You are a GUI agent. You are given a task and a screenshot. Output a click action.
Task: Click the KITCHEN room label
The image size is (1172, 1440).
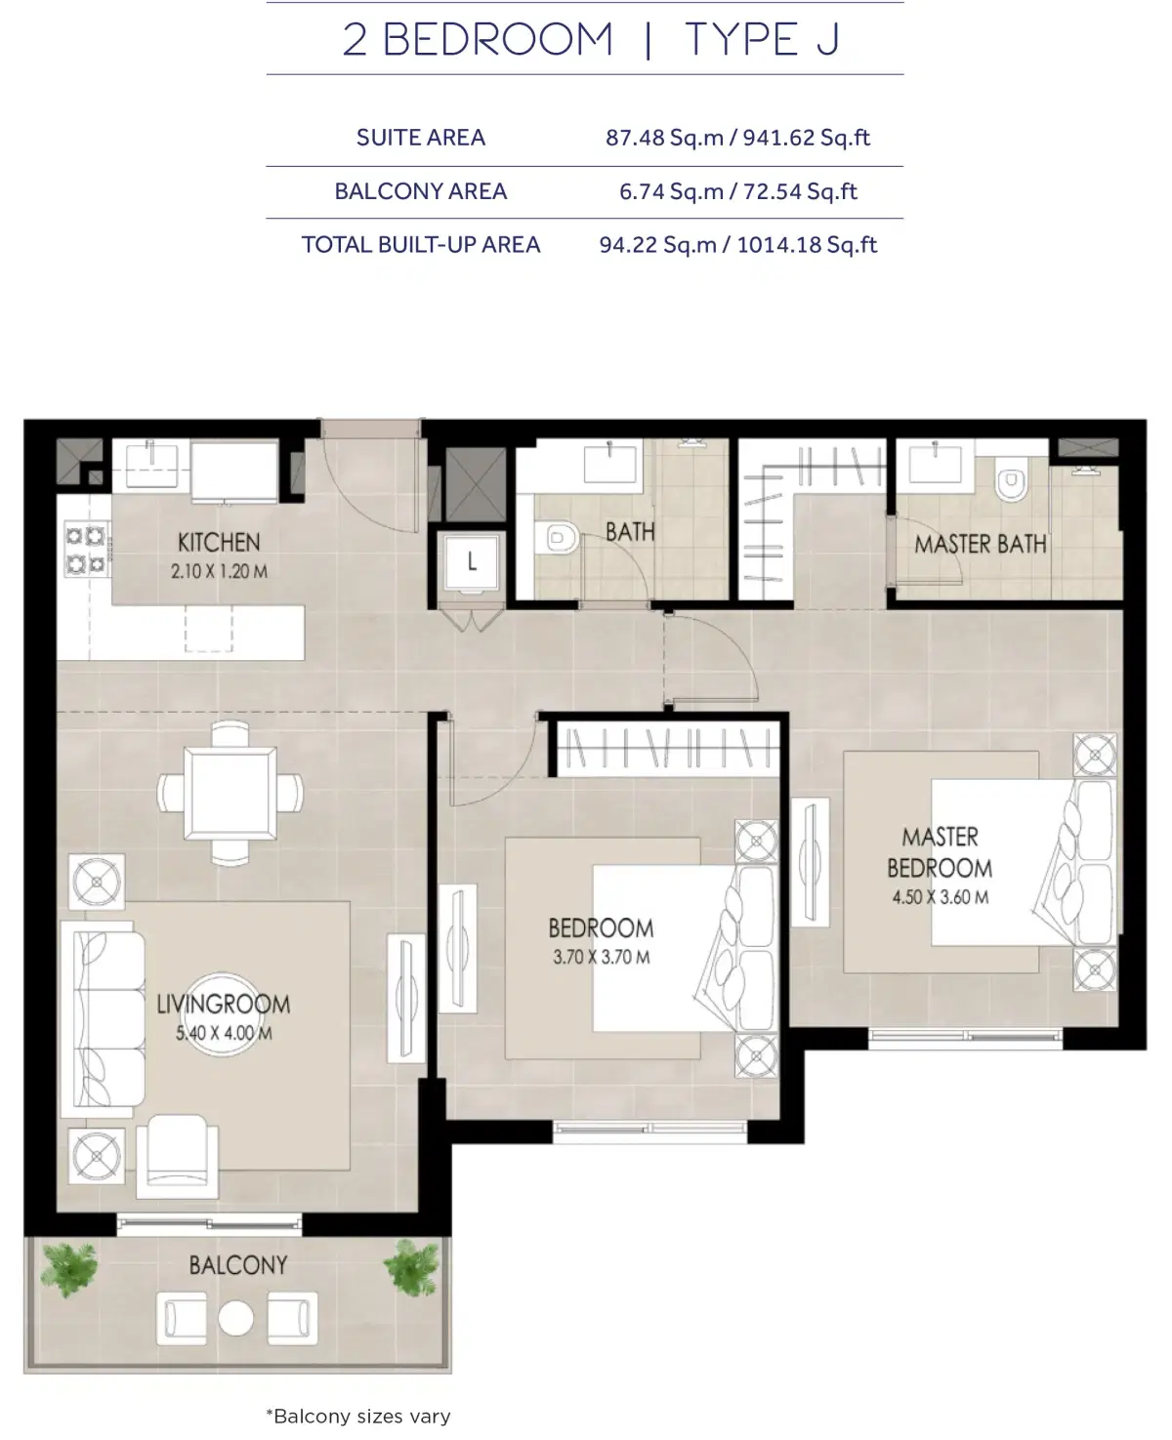[x=219, y=542]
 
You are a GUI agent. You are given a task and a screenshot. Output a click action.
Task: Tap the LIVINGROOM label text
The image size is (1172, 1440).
[x=224, y=1004]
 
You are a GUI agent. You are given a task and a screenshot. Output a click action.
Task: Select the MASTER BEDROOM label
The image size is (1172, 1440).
[x=940, y=852]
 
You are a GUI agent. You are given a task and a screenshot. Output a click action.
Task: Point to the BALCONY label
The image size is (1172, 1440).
[x=238, y=1265]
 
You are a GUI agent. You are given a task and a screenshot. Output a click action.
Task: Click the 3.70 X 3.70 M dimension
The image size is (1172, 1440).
[x=602, y=958]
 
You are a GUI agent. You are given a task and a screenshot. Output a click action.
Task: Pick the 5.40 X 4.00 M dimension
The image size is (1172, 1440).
[x=224, y=1033]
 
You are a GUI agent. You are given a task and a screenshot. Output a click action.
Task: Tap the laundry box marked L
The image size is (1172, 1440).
[x=472, y=562]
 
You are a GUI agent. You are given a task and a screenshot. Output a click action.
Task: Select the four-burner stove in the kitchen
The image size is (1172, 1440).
[x=85, y=549]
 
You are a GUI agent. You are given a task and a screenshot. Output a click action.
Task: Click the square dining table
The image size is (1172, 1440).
[x=230, y=792]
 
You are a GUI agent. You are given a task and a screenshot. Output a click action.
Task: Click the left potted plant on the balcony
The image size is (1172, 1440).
[x=69, y=1268]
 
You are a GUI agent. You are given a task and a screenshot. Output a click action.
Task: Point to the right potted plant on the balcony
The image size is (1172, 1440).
[x=411, y=1268]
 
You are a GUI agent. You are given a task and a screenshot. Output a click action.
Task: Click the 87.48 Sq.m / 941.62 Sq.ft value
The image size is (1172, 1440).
[x=737, y=138]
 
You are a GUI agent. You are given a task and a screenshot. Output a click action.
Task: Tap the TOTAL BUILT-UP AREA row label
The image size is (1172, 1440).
[x=420, y=245]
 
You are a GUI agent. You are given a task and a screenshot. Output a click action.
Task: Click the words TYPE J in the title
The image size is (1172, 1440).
[x=762, y=40]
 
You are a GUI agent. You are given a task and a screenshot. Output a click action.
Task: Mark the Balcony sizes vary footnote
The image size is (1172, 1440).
[x=357, y=1416]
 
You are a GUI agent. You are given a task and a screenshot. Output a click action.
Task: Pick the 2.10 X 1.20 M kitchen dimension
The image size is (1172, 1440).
[x=219, y=572]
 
